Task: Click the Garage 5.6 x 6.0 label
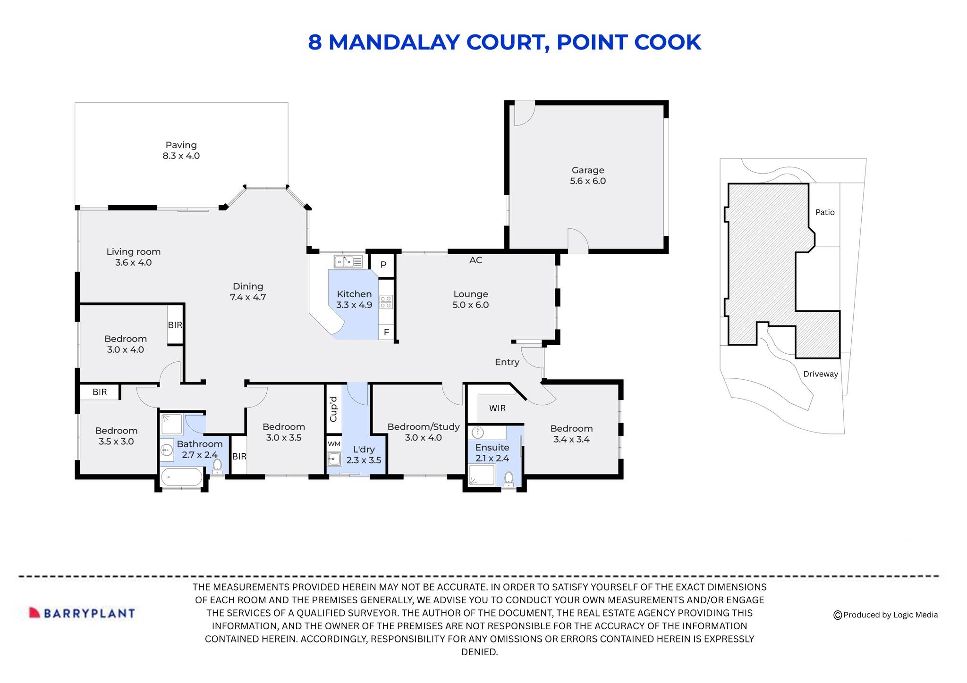(x=587, y=175)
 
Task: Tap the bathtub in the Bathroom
(x=181, y=477)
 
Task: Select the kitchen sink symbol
(x=348, y=261)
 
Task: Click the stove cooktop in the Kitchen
(x=386, y=302)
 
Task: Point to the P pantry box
(x=383, y=265)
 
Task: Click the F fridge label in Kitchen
(x=386, y=332)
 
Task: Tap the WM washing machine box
(x=334, y=444)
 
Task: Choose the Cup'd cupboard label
(x=333, y=409)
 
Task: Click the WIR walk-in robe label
(x=497, y=408)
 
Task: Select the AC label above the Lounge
(x=475, y=260)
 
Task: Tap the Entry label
(x=507, y=362)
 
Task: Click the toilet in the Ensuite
(x=509, y=479)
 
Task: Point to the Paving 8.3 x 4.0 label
(x=181, y=150)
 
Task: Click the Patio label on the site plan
(x=825, y=212)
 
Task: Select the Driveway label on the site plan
(x=821, y=374)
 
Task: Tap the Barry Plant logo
(x=82, y=613)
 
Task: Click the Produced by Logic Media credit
(x=886, y=615)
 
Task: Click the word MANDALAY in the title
(x=394, y=42)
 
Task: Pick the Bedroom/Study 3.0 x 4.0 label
(x=423, y=432)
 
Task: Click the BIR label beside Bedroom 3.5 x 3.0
(x=100, y=392)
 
